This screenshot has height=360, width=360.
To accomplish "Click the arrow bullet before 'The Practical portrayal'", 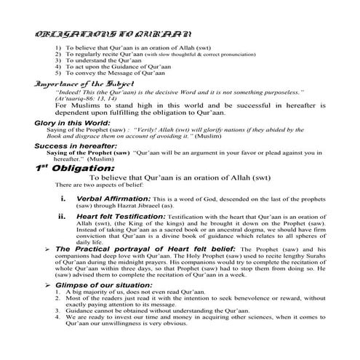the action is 49,249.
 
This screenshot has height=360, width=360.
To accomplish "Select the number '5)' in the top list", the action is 57,74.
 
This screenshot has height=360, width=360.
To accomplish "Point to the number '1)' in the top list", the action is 57,47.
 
